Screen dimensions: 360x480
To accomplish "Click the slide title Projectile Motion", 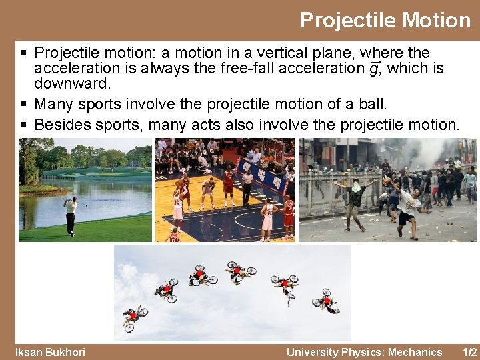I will pyautogui.click(x=385, y=20).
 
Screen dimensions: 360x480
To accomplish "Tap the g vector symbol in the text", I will pyautogui.click(x=374, y=68).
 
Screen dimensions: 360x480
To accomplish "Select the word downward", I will pyautogui.click(x=72, y=84).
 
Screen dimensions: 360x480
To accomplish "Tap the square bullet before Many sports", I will pyautogui.click(x=24, y=105).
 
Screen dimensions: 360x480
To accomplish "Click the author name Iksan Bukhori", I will pyautogui.click(x=50, y=352).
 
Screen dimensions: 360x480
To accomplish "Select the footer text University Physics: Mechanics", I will pyautogui.click(x=364, y=352).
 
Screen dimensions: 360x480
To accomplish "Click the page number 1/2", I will pyautogui.click(x=470, y=352).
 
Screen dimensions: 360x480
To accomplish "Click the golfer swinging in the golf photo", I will pyautogui.click(x=71, y=215).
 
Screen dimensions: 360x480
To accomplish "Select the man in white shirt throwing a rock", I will pyautogui.click(x=406, y=207).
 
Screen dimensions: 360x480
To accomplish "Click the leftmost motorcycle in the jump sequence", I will pyautogui.click(x=133, y=316).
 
